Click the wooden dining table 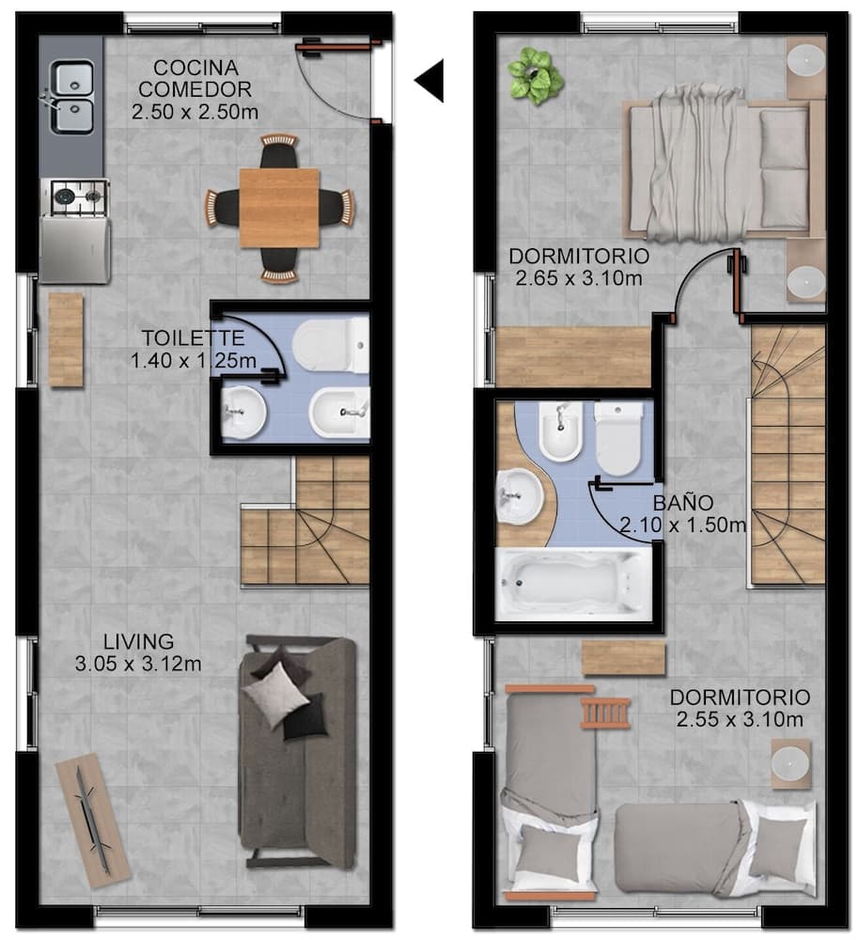(x=279, y=207)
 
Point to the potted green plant (x=535, y=75)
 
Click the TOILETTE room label (x=193, y=338)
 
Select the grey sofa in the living (x=298, y=752)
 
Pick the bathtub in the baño (x=573, y=584)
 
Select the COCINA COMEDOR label (x=195, y=79)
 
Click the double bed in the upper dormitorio (x=719, y=168)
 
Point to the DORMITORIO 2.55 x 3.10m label (x=739, y=709)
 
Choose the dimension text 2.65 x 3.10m (x=578, y=278)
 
